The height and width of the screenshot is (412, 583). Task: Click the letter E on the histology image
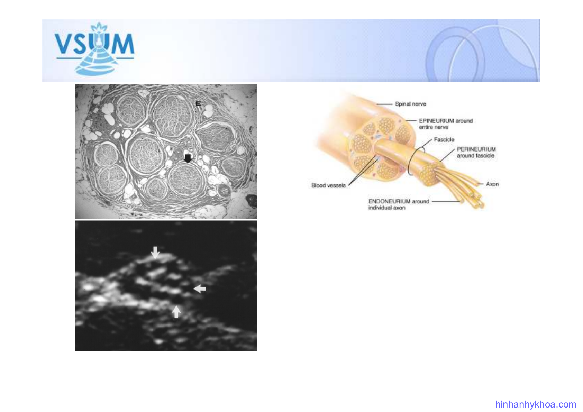(x=198, y=103)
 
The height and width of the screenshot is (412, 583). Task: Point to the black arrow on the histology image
(x=188, y=158)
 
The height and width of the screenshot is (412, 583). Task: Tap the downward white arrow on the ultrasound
(x=155, y=253)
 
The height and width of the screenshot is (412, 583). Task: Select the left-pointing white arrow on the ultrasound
(x=200, y=289)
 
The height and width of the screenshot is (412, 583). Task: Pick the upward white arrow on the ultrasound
(x=176, y=312)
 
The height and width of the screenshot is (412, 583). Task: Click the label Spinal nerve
(x=410, y=104)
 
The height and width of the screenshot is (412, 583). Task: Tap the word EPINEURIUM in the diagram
(x=436, y=121)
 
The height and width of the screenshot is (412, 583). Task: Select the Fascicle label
(x=444, y=139)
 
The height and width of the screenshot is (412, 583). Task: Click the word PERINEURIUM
(x=476, y=149)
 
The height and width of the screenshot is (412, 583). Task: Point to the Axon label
(x=492, y=184)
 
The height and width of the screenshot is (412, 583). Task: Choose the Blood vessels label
(x=328, y=185)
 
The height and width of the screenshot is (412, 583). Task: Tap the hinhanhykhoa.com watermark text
(x=536, y=404)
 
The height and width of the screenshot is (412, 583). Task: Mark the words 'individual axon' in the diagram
(x=387, y=208)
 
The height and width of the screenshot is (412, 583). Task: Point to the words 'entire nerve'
(x=434, y=127)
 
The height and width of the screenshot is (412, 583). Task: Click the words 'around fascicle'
(x=475, y=155)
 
